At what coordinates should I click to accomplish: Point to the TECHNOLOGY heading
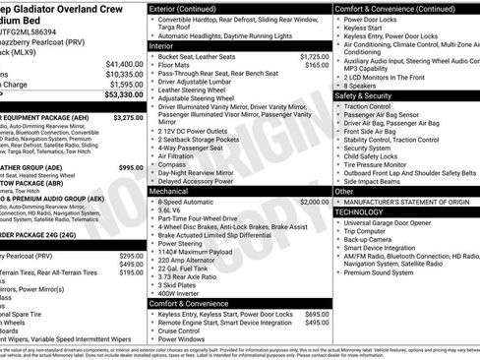pyautogui.click(x=359, y=211)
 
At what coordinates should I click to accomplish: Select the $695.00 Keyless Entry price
pyautogui.click(x=316, y=313)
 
